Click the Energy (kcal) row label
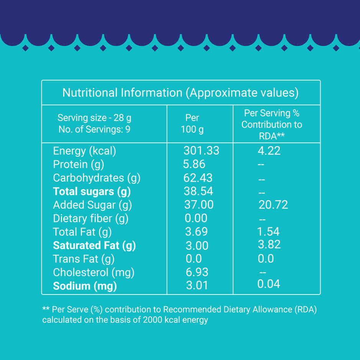point(84,151)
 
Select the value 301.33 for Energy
point(201,151)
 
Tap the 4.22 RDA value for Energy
point(269,151)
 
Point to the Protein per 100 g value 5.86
point(194,164)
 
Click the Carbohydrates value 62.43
point(198,178)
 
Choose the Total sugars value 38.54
point(198,191)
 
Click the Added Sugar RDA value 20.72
point(273,205)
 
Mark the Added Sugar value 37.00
point(199,205)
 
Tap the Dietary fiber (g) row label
point(91,219)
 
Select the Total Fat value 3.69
point(196,232)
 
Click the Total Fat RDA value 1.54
point(268,232)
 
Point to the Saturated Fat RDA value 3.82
point(269,245)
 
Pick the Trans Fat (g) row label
point(83,259)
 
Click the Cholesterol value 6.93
point(196,272)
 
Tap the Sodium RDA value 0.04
point(268,284)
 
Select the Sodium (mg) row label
point(85,286)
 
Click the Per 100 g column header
point(192,123)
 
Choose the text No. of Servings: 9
point(94,129)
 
